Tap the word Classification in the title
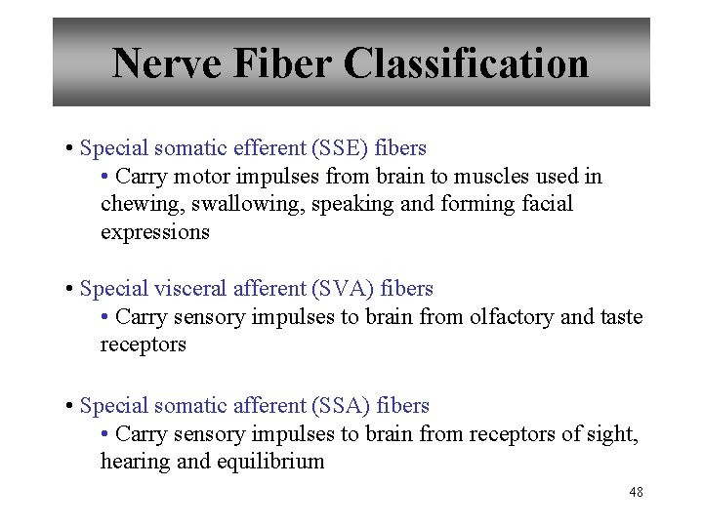pos(466,64)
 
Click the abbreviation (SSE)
pos(337,149)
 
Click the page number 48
pos(636,493)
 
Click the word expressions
pos(154,232)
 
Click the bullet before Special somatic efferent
pos(70,149)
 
